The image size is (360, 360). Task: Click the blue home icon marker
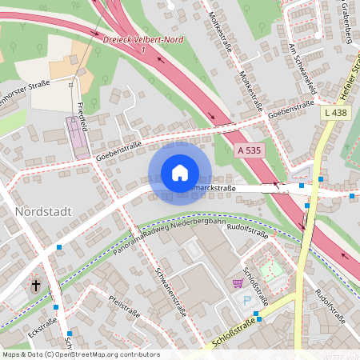pos(180,173)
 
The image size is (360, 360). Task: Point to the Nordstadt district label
pos(43,212)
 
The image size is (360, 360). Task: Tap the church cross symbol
pos(35,285)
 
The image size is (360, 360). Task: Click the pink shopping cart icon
pos(238,283)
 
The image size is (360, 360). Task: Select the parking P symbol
pos(246,300)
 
